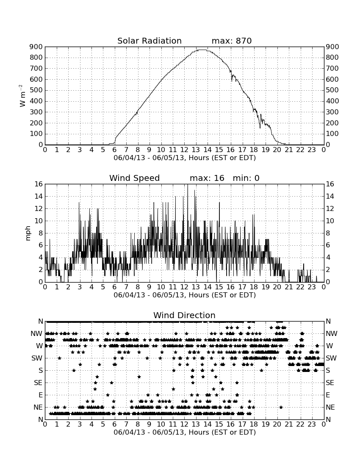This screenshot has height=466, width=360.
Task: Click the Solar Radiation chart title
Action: click(150, 41)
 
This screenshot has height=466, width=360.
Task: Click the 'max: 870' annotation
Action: click(232, 41)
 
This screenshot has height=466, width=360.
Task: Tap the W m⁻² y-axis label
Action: click(22, 96)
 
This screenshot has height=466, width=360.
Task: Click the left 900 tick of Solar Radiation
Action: click(36, 47)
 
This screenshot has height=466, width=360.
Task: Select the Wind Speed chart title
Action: click(135, 178)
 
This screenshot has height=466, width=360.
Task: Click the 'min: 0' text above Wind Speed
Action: click(246, 178)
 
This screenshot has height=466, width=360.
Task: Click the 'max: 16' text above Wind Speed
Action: click(207, 178)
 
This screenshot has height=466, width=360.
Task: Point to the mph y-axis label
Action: click(28, 233)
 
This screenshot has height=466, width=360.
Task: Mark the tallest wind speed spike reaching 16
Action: click(188, 185)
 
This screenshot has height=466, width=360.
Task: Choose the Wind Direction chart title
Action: click(184, 315)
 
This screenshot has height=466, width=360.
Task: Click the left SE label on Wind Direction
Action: click(38, 383)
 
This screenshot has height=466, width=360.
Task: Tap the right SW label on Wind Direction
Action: click(331, 358)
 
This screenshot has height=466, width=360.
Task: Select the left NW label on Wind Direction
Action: click(36, 334)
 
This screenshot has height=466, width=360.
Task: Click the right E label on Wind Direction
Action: click(328, 395)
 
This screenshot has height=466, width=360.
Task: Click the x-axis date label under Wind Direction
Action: click(185, 432)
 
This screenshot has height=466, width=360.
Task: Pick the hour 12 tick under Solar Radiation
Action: click(184, 150)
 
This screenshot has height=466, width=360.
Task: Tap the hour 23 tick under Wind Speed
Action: click(312, 287)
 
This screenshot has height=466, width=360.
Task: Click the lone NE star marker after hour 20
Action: click(281, 407)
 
